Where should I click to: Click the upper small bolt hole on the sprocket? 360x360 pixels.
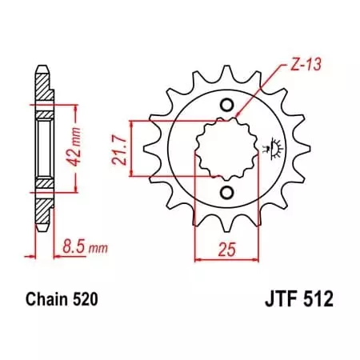pos(226,106)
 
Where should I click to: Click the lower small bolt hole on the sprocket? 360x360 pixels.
pos(226,192)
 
